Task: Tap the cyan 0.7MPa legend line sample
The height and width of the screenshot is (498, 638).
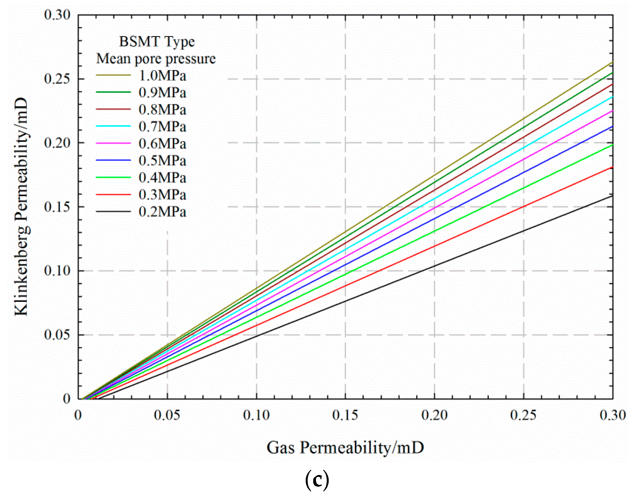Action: click(113, 126)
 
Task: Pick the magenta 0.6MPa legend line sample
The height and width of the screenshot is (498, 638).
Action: click(113, 143)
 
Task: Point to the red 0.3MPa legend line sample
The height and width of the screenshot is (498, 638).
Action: click(113, 194)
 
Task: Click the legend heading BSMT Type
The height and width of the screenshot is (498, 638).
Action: click(157, 42)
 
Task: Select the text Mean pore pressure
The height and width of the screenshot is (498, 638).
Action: click(156, 59)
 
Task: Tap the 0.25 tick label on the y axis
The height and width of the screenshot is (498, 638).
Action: click(57, 79)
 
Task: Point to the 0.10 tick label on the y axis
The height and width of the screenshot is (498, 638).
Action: click(57, 271)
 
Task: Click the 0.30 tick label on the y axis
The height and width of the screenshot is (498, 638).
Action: click(57, 15)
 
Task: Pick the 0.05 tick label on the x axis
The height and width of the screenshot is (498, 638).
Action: click(167, 415)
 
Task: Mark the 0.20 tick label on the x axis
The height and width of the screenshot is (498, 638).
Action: click(434, 415)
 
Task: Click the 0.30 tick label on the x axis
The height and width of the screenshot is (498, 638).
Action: click(613, 415)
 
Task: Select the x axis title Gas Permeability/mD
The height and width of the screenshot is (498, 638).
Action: click(345, 447)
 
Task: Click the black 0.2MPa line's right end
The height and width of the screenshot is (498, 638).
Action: click(612, 196)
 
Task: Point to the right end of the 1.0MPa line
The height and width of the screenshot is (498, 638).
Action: click(612, 63)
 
